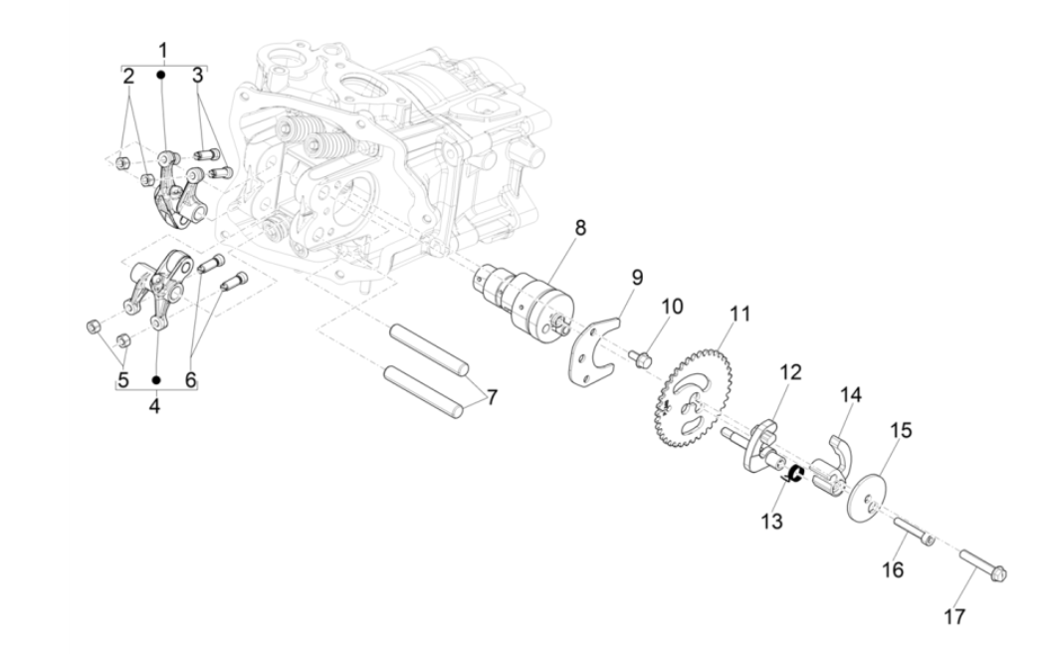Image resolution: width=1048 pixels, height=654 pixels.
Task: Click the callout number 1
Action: [x=163, y=49]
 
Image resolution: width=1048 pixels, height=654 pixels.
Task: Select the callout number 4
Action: [x=154, y=405]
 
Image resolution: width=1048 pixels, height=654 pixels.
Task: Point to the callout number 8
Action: [x=579, y=229]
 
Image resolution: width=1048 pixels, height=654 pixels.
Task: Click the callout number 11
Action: [x=737, y=316]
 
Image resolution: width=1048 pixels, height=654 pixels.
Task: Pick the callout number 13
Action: [x=773, y=521]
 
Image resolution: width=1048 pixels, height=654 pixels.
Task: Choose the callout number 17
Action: [x=953, y=616]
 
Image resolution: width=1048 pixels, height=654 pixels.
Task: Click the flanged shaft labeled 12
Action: [x=756, y=442]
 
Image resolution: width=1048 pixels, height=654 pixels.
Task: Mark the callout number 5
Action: [x=123, y=379]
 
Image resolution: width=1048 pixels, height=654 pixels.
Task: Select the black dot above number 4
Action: [x=155, y=379]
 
